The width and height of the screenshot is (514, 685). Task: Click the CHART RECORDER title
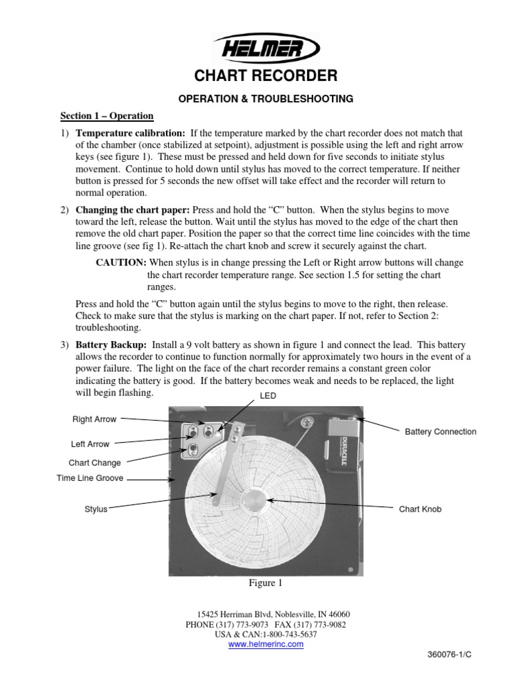[265, 75]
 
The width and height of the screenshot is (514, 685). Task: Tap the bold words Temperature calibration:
[131, 133]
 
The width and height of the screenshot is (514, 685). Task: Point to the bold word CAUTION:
[120, 263]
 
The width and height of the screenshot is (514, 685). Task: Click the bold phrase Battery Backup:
[110, 344]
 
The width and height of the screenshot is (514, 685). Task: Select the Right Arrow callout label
[94, 419]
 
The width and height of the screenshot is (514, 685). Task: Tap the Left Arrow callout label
[90, 444]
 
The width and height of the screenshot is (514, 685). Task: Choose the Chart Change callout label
[94, 462]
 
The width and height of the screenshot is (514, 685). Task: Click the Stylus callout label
[96, 509]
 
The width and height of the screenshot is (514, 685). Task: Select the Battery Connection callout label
[440, 431]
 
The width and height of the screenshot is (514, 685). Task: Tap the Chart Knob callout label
[420, 509]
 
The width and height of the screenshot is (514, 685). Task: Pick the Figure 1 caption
[266, 583]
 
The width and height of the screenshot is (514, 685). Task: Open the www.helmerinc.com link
[266, 644]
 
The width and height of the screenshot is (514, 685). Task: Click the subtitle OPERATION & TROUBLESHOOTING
[265, 98]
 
